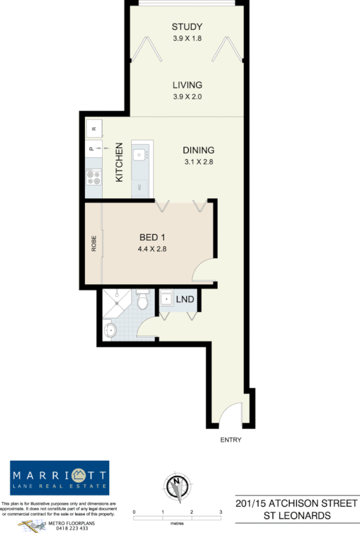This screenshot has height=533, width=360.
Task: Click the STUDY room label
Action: tap(186, 27)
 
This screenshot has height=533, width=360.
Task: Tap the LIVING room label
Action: tap(187, 85)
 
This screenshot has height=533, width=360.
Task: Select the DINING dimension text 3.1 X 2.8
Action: tap(199, 161)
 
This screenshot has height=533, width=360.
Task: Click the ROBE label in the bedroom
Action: tap(94, 243)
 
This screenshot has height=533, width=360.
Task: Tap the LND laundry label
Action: tap(186, 299)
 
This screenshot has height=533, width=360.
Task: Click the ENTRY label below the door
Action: tap(231, 440)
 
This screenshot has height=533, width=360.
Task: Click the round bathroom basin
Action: tap(111, 329)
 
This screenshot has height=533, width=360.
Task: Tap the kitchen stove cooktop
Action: tap(93, 176)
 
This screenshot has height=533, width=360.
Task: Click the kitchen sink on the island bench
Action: tap(140, 155)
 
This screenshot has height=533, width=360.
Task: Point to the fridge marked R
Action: tap(93, 128)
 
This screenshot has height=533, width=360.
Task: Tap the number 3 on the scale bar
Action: tap(220, 511)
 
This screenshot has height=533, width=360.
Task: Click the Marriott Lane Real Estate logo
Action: tap(59, 478)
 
